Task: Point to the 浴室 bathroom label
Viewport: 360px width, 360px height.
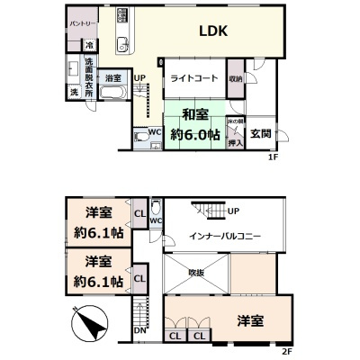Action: [x=113, y=79]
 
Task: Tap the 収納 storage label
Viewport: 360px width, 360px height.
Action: [x=235, y=77]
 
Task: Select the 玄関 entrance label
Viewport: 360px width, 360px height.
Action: [x=261, y=134]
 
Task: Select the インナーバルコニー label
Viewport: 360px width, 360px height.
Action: [x=225, y=235]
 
